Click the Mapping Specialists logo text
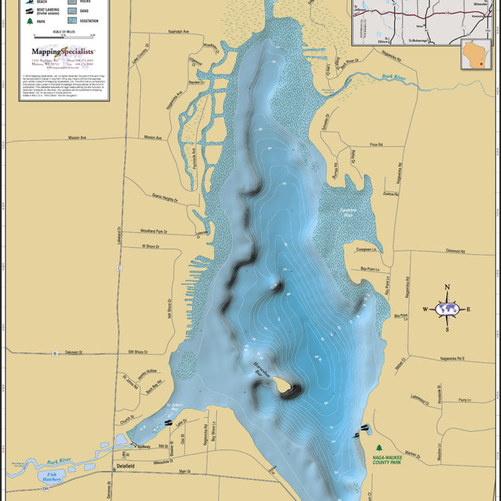point(63,51)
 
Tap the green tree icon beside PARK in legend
point(29,21)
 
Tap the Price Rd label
point(375,144)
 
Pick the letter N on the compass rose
point(448,287)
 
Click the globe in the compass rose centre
point(448,309)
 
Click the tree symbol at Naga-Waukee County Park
point(379,448)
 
